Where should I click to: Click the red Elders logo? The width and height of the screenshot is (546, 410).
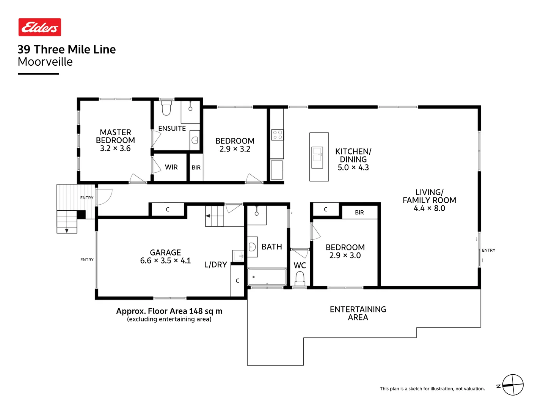(40, 27)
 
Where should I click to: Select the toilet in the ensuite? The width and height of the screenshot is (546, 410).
(166, 108)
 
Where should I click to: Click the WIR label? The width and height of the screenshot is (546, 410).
(171, 167)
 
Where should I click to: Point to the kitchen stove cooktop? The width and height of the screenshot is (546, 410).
(277, 135)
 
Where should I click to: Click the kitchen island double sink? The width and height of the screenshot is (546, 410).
(317, 158)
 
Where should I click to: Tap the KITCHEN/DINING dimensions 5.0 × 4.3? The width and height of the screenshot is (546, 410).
(353, 167)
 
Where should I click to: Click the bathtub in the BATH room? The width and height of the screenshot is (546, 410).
(267, 277)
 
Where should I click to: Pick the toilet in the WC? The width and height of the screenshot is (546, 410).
(300, 279)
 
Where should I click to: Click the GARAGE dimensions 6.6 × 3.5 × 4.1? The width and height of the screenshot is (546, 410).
(165, 261)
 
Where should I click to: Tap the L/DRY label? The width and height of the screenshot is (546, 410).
(215, 265)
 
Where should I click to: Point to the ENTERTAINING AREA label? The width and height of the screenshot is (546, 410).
(358, 313)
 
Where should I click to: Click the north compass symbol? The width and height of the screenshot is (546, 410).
(513, 385)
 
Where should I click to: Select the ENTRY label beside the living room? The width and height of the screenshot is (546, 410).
(488, 250)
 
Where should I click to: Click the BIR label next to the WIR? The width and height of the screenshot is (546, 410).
(196, 168)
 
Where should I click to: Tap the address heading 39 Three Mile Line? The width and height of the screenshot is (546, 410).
(67, 49)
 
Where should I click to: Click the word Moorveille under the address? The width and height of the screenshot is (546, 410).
(45, 62)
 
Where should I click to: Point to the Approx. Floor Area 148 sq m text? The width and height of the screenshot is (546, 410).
(169, 311)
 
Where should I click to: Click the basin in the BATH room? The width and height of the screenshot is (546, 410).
(252, 247)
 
